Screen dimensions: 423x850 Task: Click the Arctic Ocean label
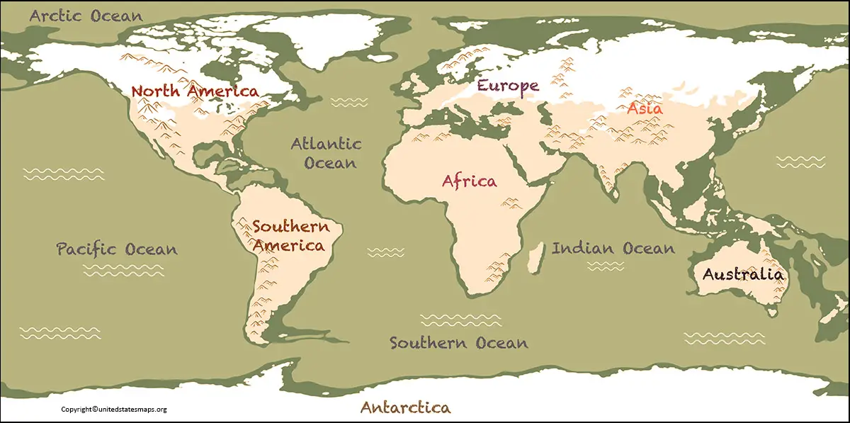coord(86,16)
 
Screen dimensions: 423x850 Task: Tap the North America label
coord(195,91)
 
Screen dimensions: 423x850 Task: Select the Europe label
coord(507,86)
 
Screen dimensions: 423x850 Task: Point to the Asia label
coord(645,109)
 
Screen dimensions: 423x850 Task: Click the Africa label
coord(469,181)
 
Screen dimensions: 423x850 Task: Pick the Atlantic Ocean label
coord(327,153)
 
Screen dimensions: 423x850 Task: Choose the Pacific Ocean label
coord(117,249)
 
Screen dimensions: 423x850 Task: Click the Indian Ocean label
coord(613,248)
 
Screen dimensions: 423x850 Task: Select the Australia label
coord(742,274)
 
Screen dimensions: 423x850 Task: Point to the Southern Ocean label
coord(458,343)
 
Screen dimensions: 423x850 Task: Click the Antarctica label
coord(405,407)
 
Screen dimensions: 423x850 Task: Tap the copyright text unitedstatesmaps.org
coord(113,409)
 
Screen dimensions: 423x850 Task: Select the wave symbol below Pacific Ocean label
coord(123,270)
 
